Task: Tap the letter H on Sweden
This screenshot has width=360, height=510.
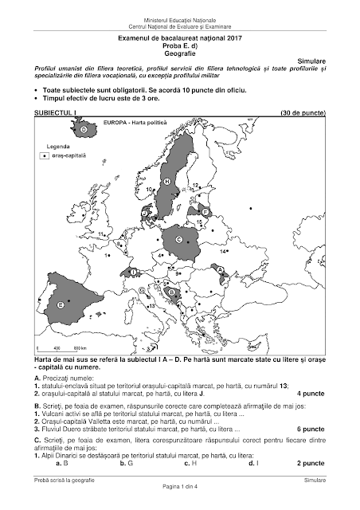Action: (166, 182)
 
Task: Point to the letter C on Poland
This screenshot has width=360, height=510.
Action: (178, 238)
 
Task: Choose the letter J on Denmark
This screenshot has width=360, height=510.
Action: (144, 213)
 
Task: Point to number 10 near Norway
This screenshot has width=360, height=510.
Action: (149, 189)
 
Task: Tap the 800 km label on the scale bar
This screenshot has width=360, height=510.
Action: (78, 348)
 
